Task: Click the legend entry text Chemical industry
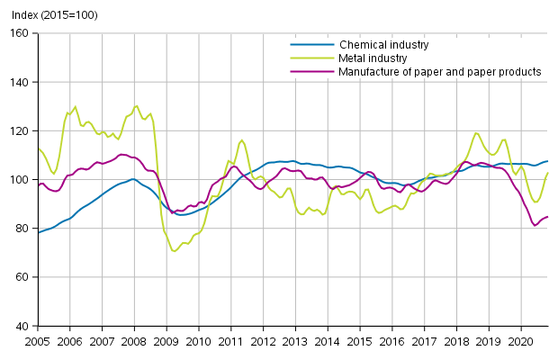click(x=383, y=44)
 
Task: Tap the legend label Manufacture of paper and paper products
click(x=440, y=71)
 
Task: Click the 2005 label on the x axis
click(x=38, y=342)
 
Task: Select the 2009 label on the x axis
click(x=166, y=342)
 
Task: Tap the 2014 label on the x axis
click(x=328, y=342)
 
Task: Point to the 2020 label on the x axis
click(x=521, y=342)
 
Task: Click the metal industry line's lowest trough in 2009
click(x=174, y=250)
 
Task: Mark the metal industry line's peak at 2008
click(x=136, y=106)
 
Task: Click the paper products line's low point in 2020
click(x=535, y=225)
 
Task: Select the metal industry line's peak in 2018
click(x=476, y=133)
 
